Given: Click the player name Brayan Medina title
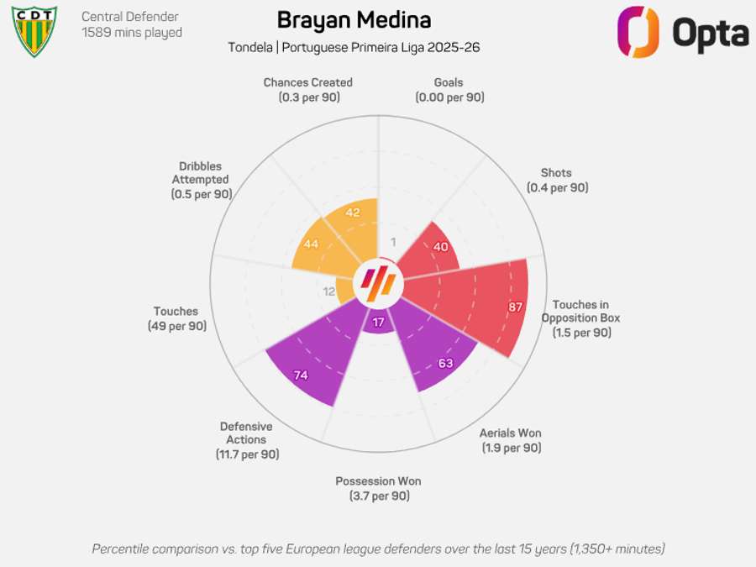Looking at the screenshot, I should pyautogui.click(x=354, y=20).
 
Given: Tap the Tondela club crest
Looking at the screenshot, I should pyautogui.click(x=34, y=31).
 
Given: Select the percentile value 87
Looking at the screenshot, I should pyautogui.click(x=515, y=307).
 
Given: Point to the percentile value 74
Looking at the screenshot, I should pyautogui.click(x=300, y=375).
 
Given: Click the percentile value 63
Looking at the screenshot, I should pyautogui.click(x=445, y=364).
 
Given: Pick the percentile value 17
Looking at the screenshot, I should pyautogui.click(x=378, y=323).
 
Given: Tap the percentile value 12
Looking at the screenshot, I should pyautogui.click(x=328, y=291).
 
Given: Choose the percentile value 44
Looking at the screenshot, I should pyautogui.click(x=310, y=244).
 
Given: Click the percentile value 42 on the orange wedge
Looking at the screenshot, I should pyautogui.click(x=352, y=213).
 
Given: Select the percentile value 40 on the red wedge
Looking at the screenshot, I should pyautogui.click(x=440, y=246).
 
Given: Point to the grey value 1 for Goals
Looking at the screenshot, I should pyautogui.click(x=393, y=242).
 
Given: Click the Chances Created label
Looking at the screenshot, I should pyautogui.click(x=307, y=82).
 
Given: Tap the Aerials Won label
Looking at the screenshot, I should pyautogui.click(x=511, y=433).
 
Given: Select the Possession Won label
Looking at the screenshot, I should pyautogui.click(x=378, y=481).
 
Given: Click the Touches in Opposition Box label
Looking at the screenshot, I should pyautogui.click(x=580, y=312).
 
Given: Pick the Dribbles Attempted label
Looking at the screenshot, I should pyautogui.click(x=201, y=173).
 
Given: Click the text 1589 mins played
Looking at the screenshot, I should pyautogui.click(x=132, y=33).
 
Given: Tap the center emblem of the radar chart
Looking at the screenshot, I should pyautogui.click(x=378, y=284).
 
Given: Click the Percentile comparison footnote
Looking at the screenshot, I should pyautogui.click(x=378, y=549).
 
